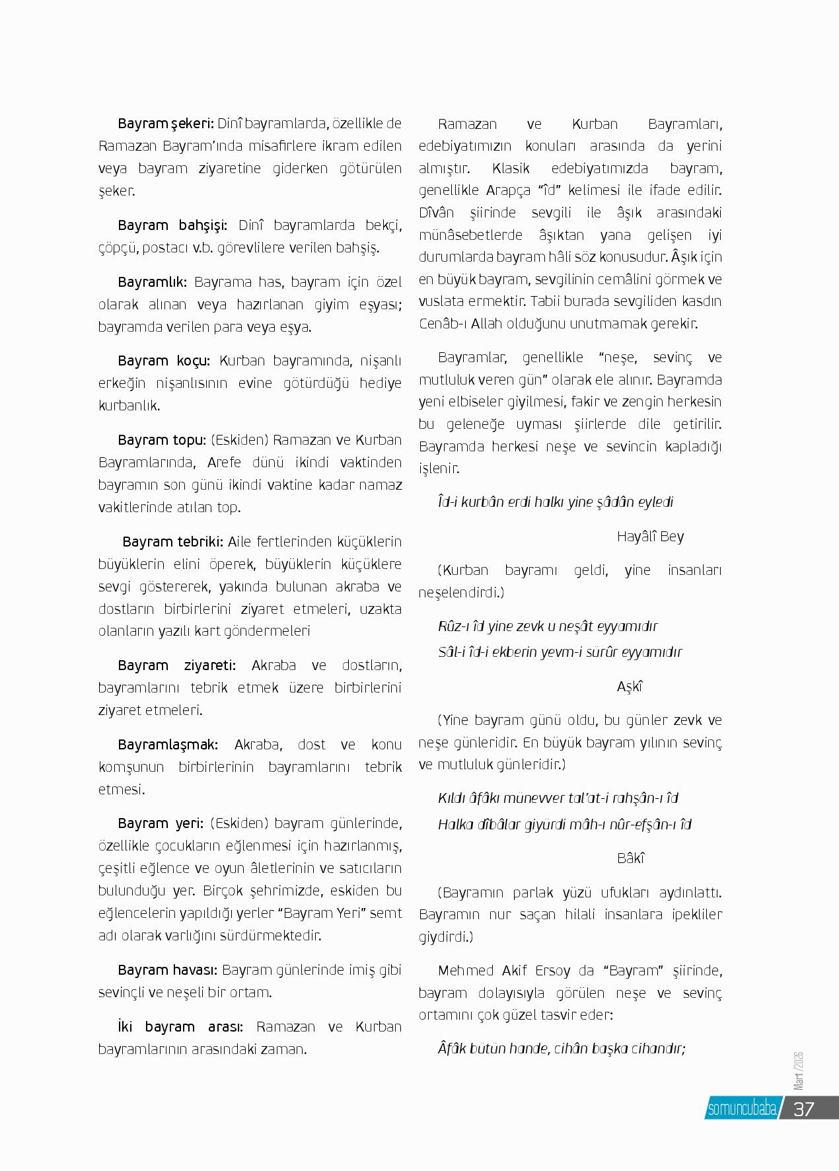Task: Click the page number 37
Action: tap(803, 1108)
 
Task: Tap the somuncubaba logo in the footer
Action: tap(741, 1108)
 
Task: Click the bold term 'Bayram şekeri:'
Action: tap(166, 124)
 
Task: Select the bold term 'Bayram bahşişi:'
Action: tap(172, 225)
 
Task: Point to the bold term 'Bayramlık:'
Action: tap(153, 282)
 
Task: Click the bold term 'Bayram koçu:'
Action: tap(164, 361)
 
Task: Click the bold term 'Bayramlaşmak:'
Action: tap(168, 745)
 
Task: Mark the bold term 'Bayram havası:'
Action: tap(168, 970)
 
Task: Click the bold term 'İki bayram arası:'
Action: tap(180, 1027)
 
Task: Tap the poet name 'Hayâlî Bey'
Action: tap(650, 537)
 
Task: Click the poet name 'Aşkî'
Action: tap(630, 687)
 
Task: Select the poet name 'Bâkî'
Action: tap(630, 858)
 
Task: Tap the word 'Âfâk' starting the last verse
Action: tap(452, 1049)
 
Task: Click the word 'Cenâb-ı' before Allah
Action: tap(441, 324)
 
